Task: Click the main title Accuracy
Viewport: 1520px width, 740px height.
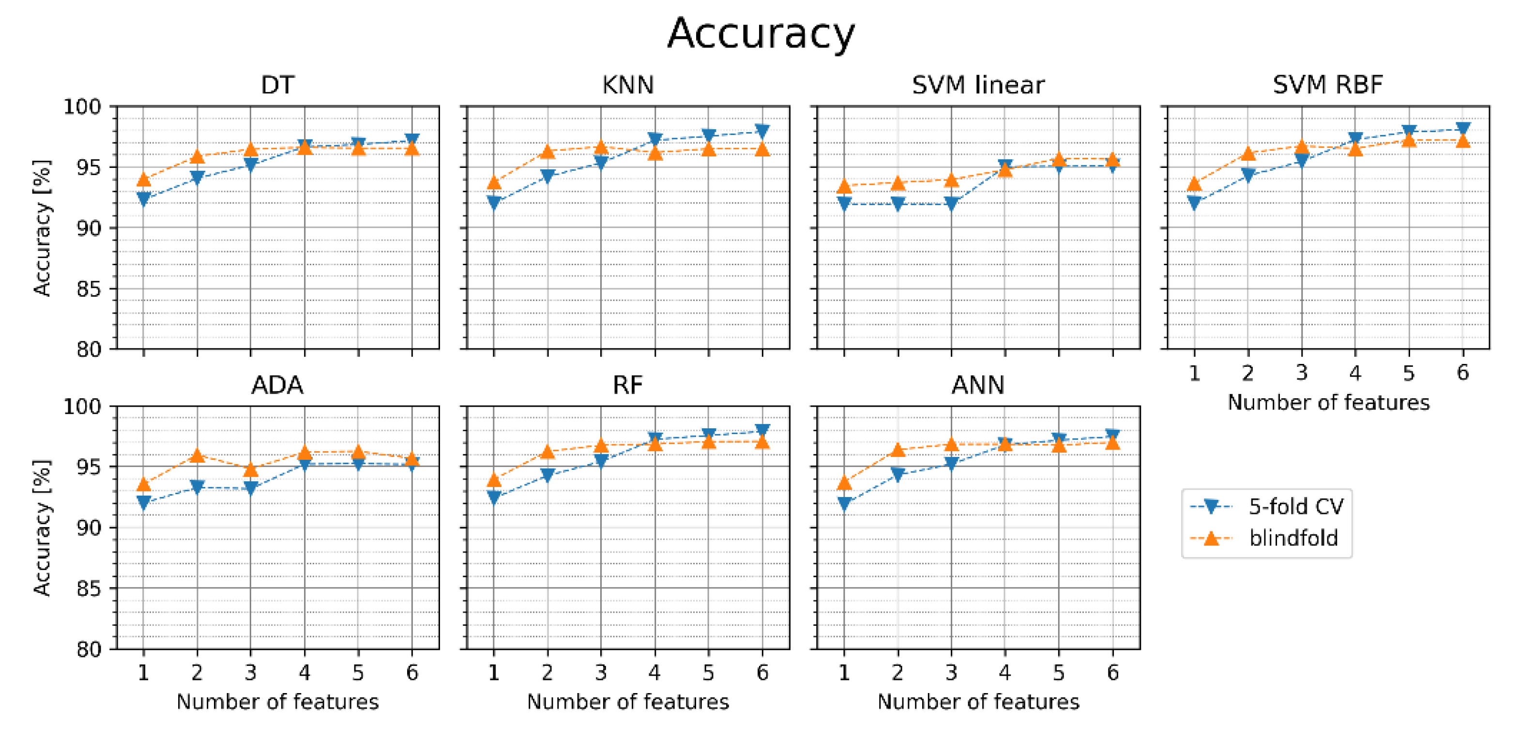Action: pos(760,34)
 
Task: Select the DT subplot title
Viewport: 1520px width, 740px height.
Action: pos(277,85)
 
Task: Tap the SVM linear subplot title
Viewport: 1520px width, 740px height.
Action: pos(978,85)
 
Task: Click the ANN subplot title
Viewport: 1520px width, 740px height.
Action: pos(978,385)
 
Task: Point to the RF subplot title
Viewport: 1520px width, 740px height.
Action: pos(627,385)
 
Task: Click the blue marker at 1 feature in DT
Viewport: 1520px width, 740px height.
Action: pos(143,199)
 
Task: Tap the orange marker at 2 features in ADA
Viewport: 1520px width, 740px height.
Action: pos(197,455)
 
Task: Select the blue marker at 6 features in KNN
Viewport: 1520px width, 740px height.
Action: pos(762,131)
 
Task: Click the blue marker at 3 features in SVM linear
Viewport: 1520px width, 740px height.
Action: pos(951,204)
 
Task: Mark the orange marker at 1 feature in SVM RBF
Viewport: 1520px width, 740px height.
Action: pos(1194,184)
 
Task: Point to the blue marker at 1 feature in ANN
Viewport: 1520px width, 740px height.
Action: pos(844,503)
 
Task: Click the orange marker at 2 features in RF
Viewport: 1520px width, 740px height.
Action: pos(547,452)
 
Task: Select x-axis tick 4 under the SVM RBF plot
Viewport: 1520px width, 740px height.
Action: pos(1355,373)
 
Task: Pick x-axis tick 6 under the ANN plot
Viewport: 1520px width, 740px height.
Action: pos(1113,673)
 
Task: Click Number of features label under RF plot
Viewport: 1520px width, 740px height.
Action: pos(627,702)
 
